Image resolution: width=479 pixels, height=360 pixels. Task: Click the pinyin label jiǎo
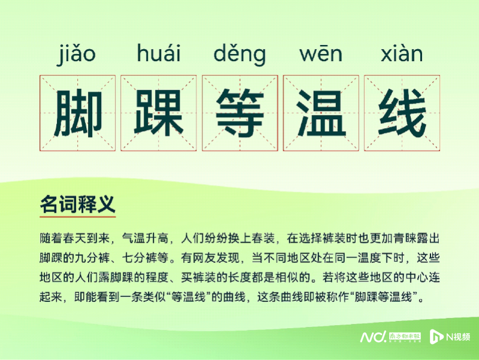click(x=77, y=55)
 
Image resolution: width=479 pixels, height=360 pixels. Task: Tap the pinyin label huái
click(x=158, y=55)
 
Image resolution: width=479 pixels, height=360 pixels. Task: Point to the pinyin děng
click(x=239, y=55)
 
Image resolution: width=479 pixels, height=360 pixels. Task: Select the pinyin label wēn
click(x=321, y=55)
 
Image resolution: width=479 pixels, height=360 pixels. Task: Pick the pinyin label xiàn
click(x=402, y=55)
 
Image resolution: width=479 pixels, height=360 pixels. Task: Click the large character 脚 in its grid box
click(x=77, y=113)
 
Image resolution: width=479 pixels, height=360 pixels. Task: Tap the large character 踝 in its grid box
click(x=158, y=113)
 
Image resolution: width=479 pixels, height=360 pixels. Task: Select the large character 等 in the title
click(x=239, y=113)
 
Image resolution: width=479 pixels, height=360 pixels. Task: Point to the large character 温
click(x=321, y=113)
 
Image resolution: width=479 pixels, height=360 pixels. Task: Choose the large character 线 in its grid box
click(x=402, y=113)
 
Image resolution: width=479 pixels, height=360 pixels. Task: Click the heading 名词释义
click(x=77, y=204)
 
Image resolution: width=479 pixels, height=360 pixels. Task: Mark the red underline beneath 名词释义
click(x=77, y=216)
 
